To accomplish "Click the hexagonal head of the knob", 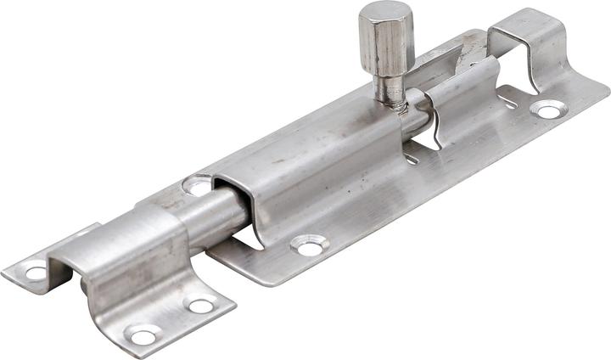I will click(x=385, y=42).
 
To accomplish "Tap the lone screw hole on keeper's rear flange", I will click(x=36, y=273).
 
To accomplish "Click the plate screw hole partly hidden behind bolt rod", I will click(x=197, y=184).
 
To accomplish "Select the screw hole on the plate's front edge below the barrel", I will click(x=309, y=245).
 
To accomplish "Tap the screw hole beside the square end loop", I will click(x=547, y=109).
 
